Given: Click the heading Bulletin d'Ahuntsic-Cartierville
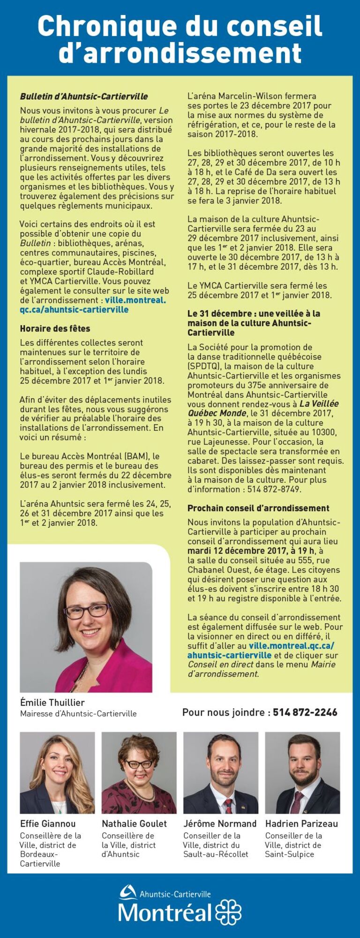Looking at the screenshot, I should pos(84,97).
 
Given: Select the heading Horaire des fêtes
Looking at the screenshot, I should pos(55,329).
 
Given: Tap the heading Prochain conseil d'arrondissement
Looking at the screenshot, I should pos(258,508).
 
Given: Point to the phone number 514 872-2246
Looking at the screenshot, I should pos(305,712).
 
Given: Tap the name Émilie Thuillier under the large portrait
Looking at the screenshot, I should pos(52,703).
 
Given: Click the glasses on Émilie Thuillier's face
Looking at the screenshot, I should pos(88,611).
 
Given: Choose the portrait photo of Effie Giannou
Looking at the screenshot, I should pos(57,772).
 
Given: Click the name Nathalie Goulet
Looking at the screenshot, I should pos(134,824).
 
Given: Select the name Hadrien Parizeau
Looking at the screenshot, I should pos(301,824).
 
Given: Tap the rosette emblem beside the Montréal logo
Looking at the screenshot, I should pos(228,912).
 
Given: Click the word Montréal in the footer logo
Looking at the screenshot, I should pos(165,913).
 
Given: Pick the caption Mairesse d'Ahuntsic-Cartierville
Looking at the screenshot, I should pos(78,714).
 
